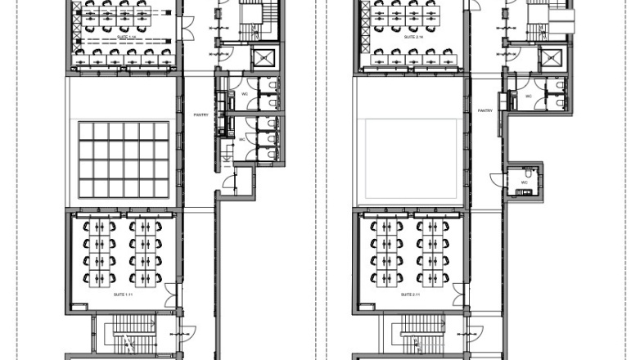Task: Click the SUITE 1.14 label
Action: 124,36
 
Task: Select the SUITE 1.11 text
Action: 124,293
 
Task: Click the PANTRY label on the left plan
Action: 201,115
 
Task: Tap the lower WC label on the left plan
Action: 242,139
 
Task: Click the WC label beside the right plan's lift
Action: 529,96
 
